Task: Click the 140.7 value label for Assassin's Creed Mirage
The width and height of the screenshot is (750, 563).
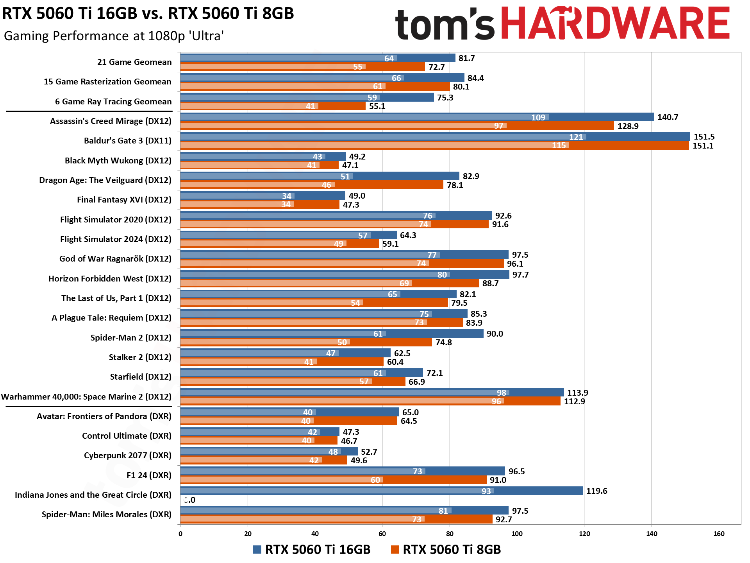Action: (668, 117)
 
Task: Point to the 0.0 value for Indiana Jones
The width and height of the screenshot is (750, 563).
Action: (189, 500)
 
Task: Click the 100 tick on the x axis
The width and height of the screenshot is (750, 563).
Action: (517, 534)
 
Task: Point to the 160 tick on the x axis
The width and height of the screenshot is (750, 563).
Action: (719, 534)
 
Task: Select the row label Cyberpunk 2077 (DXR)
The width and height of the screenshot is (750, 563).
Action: (127, 455)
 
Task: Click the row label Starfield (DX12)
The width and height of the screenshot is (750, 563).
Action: (141, 377)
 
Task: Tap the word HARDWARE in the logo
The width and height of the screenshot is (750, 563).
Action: (615, 23)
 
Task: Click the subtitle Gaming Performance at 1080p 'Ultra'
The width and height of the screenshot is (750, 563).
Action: (114, 36)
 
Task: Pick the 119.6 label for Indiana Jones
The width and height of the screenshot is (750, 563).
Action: (596, 491)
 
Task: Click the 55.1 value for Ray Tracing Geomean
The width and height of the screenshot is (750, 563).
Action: (377, 106)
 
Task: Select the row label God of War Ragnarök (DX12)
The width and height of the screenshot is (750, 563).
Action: (115, 259)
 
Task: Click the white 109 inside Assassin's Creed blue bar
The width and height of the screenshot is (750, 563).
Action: (538, 117)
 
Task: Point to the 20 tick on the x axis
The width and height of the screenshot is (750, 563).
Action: (248, 534)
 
